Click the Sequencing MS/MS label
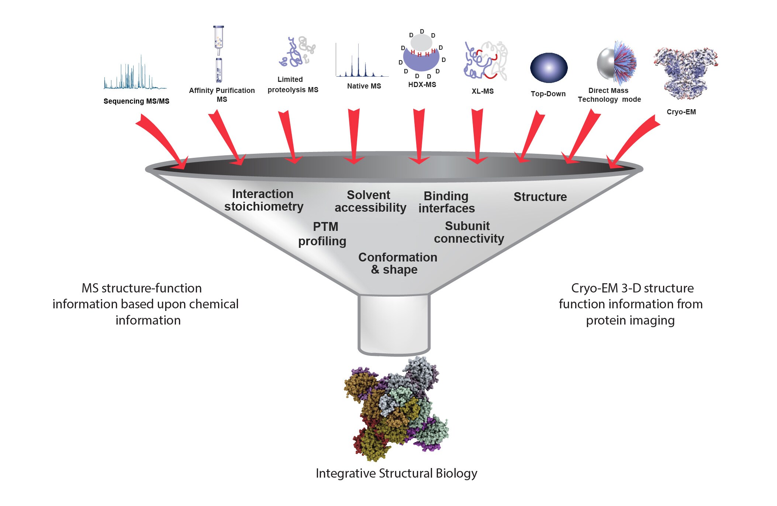coord(136,101)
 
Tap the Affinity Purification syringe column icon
coord(219,54)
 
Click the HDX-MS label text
coord(422,85)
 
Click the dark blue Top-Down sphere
coord(549,68)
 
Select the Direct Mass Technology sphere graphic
coord(617,63)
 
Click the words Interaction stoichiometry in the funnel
coord(263,200)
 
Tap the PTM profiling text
coord(322,234)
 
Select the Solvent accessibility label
coord(370,201)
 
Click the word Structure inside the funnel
coord(540,197)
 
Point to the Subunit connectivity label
coord(469,232)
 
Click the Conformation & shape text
coord(397,263)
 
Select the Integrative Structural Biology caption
coord(396,474)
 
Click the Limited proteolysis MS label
coord(293,85)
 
